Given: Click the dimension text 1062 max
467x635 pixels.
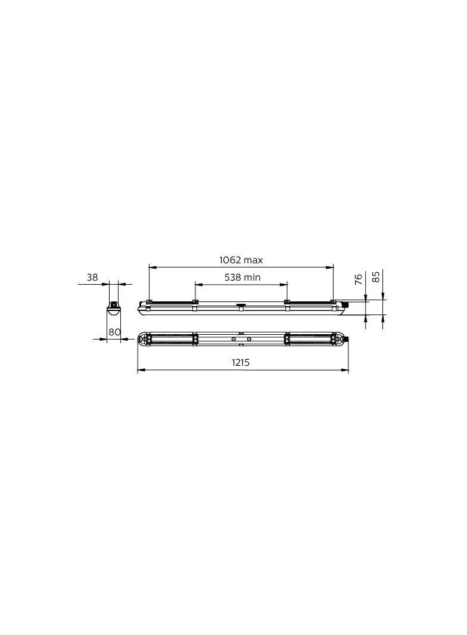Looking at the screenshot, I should [241, 260].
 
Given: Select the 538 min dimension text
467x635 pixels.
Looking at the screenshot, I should [242, 278].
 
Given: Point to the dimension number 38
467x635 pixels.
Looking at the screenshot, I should [92, 278].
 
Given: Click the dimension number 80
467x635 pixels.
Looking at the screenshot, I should [114, 332].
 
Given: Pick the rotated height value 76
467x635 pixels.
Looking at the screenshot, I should [359, 279].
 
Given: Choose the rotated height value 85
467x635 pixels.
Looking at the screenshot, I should [376, 277].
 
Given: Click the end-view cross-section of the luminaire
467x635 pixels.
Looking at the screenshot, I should [114, 307].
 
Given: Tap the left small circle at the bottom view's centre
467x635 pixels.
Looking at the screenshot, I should [233, 339].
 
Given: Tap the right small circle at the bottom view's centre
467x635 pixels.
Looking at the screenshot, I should [248, 339].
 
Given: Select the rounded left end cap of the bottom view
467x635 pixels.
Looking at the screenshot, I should [142, 339].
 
